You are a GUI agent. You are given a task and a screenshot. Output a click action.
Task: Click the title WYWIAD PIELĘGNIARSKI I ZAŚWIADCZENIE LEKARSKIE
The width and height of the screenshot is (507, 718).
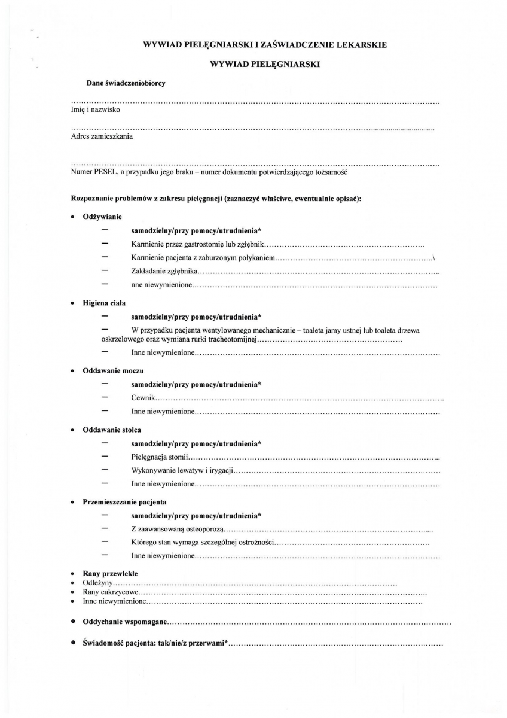coord(265,44)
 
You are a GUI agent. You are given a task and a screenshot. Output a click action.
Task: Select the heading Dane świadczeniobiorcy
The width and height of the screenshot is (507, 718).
coord(126,83)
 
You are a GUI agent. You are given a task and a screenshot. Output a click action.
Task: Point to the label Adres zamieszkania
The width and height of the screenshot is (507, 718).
coord(102,136)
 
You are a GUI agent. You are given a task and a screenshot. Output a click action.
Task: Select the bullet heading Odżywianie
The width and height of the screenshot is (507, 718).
coord(102,216)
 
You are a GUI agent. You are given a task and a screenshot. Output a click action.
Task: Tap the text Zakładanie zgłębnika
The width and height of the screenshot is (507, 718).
coord(163,272)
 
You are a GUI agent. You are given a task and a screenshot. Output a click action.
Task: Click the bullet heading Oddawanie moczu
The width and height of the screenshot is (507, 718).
coord(112,371)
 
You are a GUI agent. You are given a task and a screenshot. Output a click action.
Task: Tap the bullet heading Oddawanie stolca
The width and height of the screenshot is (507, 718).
coord(112,430)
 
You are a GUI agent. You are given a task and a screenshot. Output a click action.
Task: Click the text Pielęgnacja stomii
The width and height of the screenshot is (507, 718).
coord(160,457)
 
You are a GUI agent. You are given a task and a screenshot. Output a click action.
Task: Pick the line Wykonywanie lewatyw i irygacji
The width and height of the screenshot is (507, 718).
coord(182,470)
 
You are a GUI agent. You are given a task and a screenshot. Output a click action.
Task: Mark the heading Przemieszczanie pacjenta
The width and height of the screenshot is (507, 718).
coord(124,501)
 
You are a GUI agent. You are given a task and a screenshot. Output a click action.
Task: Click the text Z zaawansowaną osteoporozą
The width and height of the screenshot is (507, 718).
coord(177,529)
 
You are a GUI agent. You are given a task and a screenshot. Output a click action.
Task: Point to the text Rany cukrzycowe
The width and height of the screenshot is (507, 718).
coord(107,591)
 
